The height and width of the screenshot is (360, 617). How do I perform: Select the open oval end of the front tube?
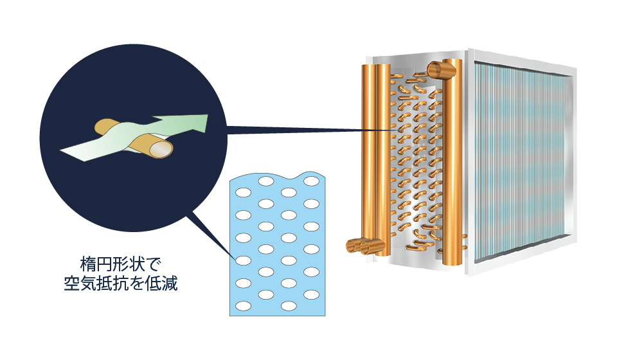pyautogui.click(x=161, y=150)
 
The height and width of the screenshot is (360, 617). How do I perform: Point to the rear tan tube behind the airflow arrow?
pyautogui.click(x=105, y=126)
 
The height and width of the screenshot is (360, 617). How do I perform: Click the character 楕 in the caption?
pyautogui.click(x=88, y=264)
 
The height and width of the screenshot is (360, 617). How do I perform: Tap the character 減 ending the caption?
pyautogui.click(x=170, y=283)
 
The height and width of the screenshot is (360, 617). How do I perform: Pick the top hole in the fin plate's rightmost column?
pyautogui.click(x=311, y=181)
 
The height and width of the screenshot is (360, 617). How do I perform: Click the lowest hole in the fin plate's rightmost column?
pyautogui.click(x=311, y=294)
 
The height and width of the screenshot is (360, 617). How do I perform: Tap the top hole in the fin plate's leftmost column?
pyautogui.click(x=243, y=192)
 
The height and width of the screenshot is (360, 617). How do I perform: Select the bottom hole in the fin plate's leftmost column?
pyautogui.click(x=243, y=306)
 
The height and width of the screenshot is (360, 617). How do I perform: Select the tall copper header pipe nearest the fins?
pyautogui.click(x=452, y=161)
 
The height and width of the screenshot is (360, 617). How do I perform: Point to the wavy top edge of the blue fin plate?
pyautogui.click(x=278, y=176)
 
